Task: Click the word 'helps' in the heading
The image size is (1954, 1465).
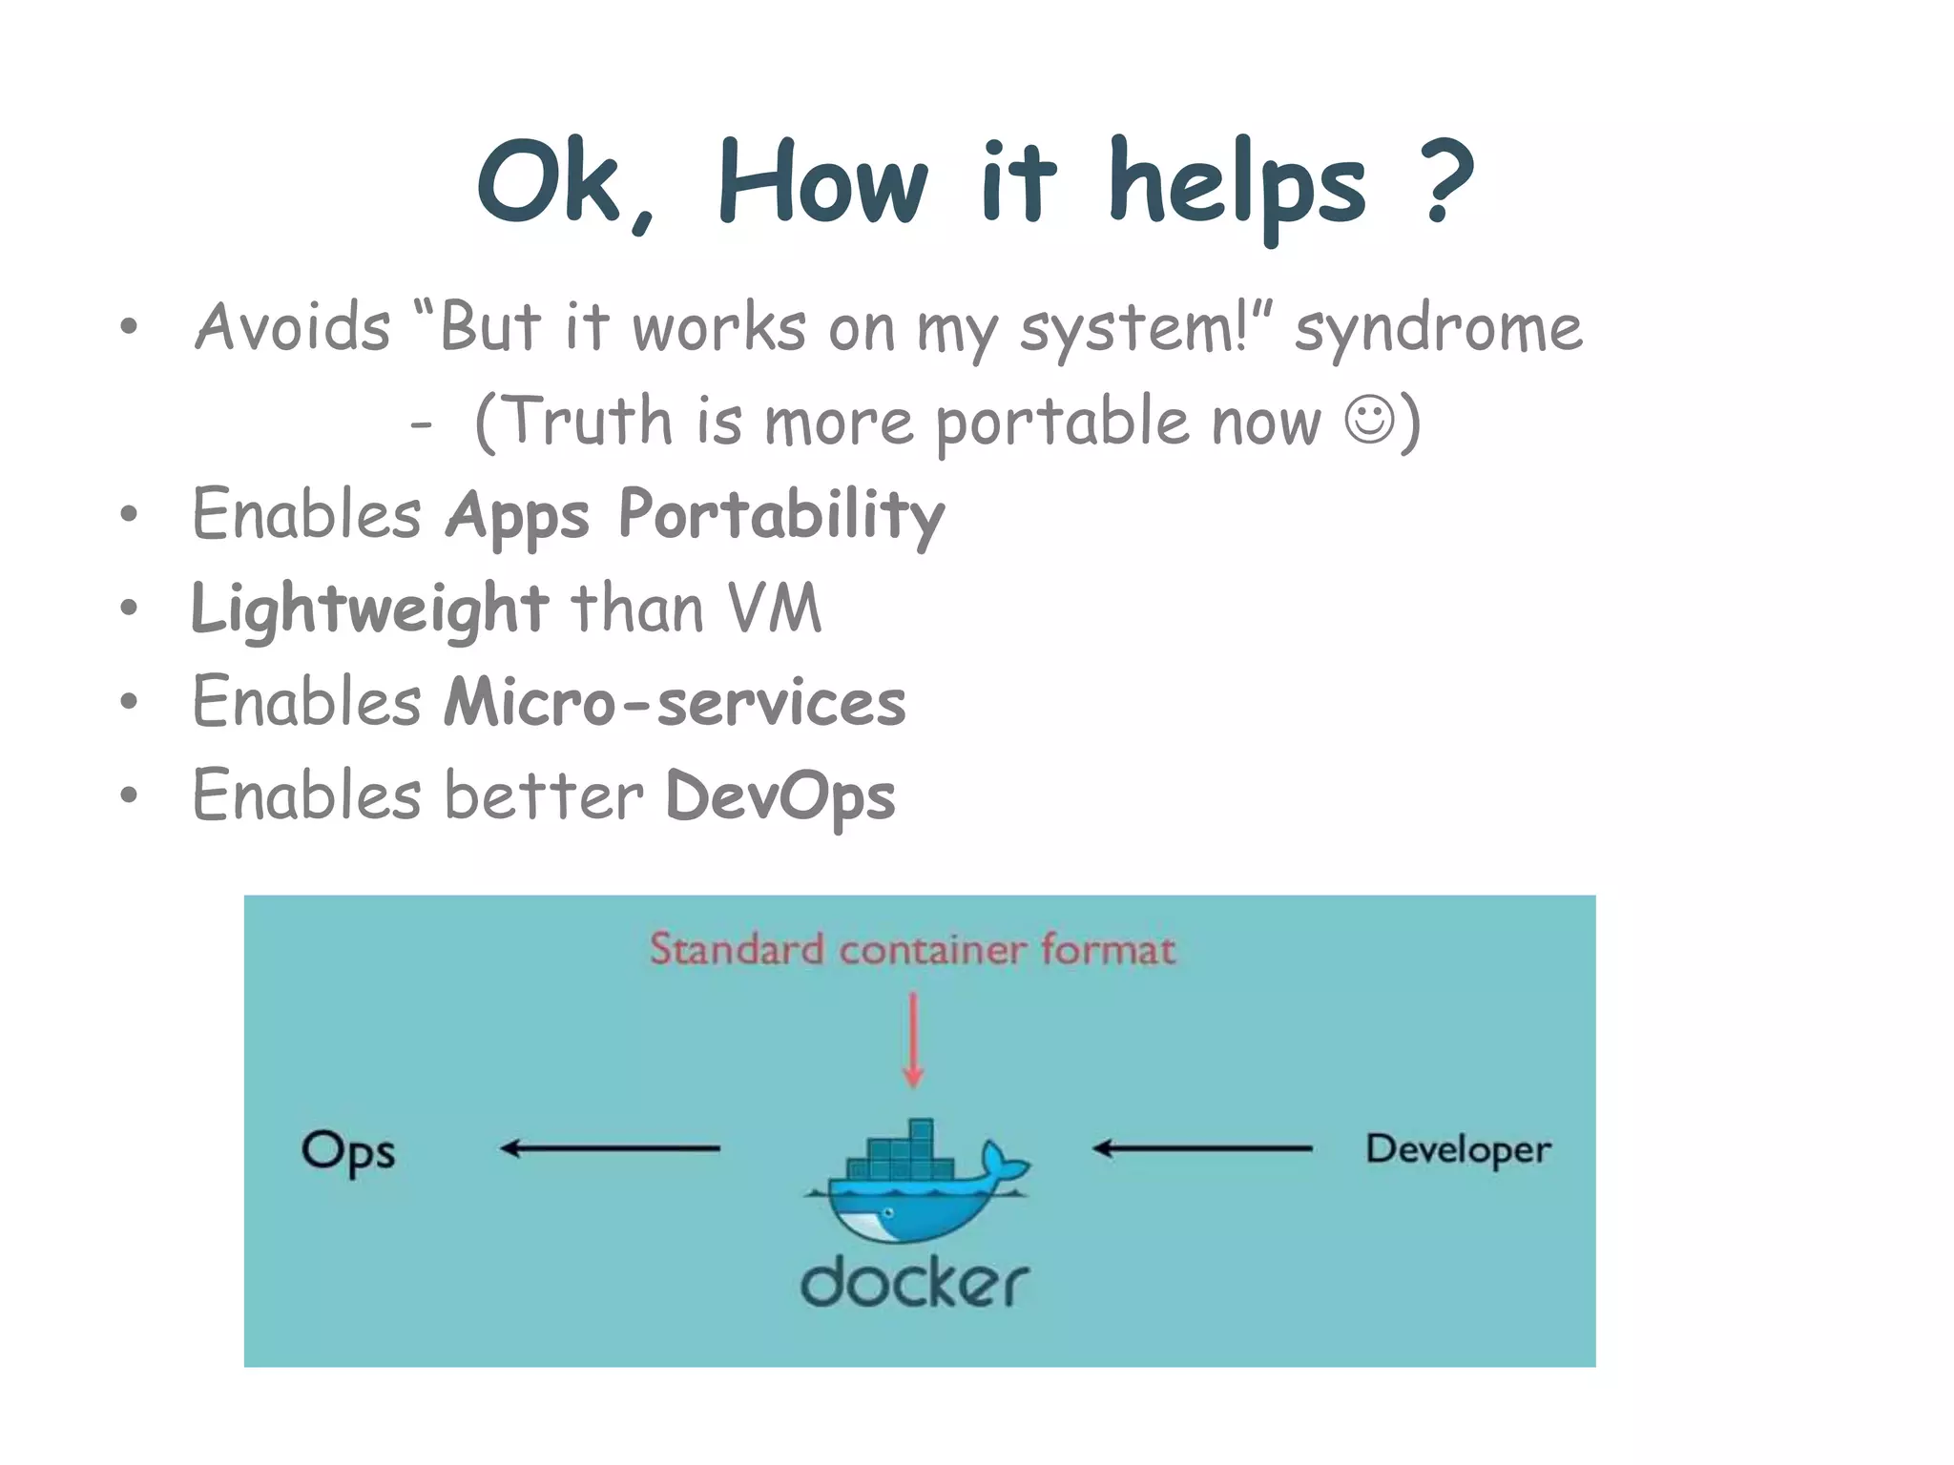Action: click(x=1237, y=186)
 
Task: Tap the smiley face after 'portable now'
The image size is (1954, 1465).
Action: click(x=1370, y=420)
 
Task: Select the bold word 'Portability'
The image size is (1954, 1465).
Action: click(x=780, y=516)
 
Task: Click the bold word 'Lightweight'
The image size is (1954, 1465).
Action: click(x=369, y=609)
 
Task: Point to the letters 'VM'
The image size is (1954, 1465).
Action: click(x=774, y=608)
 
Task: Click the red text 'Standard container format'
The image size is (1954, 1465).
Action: click(x=912, y=950)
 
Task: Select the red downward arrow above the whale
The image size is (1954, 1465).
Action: click(x=913, y=1040)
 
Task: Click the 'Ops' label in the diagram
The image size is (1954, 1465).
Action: click(x=348, y=1152)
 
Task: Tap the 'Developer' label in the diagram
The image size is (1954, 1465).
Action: click(x=1458, y=1149)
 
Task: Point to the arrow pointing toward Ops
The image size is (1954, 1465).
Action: click(x=611, y=1148)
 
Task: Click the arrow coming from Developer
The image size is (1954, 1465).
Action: click(x=1202, y=1148)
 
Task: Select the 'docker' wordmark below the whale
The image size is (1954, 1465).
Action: click(x=914, y=1283)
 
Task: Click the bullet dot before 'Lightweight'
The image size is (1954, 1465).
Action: click(x=129, y=609)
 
